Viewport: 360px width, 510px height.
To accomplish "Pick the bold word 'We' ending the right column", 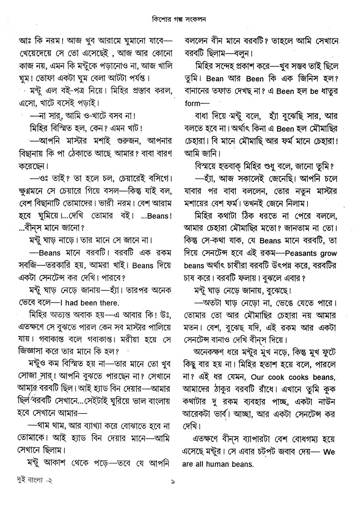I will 329,451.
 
